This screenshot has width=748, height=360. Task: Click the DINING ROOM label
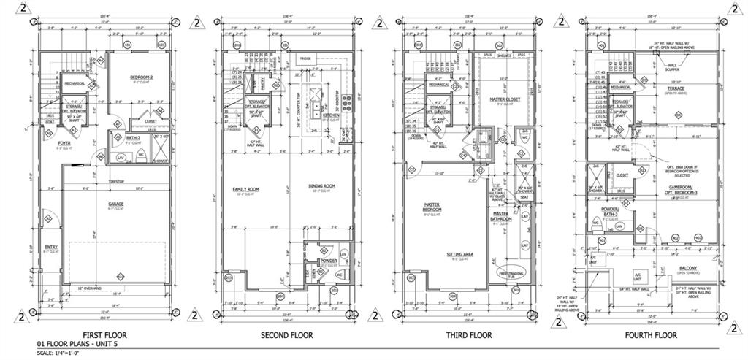click(x=321, y=185)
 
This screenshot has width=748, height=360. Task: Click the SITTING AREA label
click(x=460, y=254)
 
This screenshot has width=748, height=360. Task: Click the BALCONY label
click(x=687, y=268)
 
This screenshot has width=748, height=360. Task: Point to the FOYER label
click(x=64, y=143)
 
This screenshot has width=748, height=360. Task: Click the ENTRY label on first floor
click(x=50, y=247)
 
